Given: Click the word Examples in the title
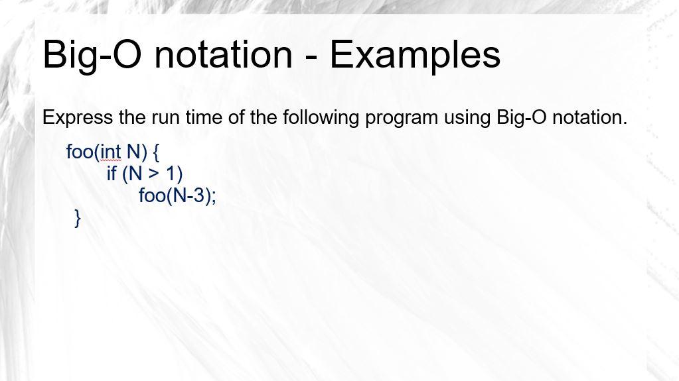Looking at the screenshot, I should [415, 54].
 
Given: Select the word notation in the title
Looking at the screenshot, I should [222, 54].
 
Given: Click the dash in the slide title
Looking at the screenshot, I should [311, 56].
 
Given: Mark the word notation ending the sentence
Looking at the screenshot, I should [589, 117].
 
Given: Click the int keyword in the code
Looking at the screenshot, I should [111, 152].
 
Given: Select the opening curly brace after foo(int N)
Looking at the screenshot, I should [156, 152].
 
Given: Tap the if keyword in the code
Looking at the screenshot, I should [112, 174].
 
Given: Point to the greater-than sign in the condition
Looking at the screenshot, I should [154, 174].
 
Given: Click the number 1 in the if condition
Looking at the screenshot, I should [171, 174].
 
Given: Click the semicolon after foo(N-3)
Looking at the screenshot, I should [214, 197].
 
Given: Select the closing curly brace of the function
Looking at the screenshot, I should [78, 218].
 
